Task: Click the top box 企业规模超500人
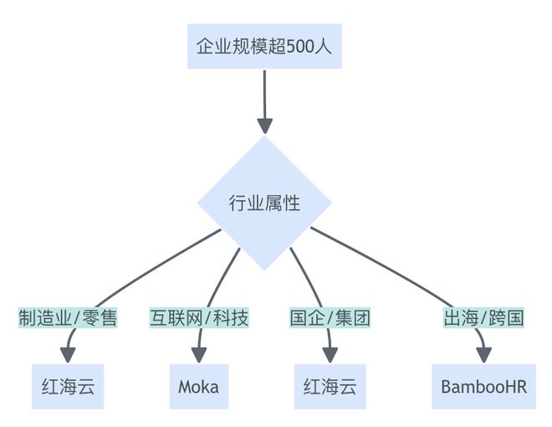coord(264,46)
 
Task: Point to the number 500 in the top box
coord(299,46)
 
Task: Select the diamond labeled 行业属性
coord(264,203)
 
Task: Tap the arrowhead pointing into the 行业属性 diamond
coord(264,126)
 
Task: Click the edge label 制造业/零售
coord(68,318)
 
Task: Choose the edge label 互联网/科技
coord(199,318)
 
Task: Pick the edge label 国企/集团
coord(329,318)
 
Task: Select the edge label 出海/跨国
coord(483,318)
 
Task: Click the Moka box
coord(199,386)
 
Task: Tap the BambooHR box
coord(483,386)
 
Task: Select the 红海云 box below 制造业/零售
coord(68,386)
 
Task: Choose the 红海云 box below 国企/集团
coord(330,386)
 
